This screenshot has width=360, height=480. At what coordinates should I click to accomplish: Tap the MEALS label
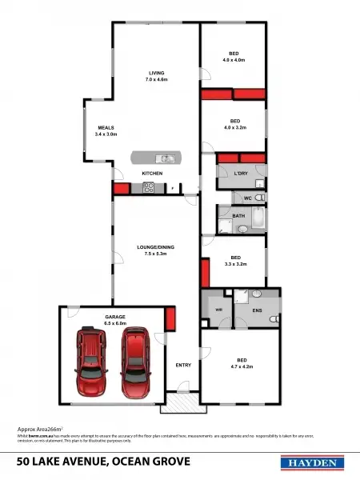pyautogui.click(x=106, y=127)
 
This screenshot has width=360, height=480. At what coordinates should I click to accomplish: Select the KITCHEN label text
pyautogui.click(x=152, y=174)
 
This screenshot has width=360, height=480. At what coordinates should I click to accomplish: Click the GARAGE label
pyautogui.click(x=115, y=317)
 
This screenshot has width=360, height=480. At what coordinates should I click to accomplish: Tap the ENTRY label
pyautogui.click(x=183, y=365)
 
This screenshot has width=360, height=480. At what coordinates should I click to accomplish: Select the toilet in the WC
pyautogui.click(x=259, y=197)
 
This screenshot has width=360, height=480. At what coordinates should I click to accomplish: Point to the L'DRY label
pyautogui.click(x=241, y=174)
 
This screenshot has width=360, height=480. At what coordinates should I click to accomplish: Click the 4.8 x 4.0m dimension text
pyautogui.click(x=234, y=60)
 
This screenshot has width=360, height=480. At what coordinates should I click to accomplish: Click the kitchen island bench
pyautogui.click(x=158, y=157)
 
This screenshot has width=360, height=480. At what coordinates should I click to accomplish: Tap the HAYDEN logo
pyautogui.click(x=312, y=462)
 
